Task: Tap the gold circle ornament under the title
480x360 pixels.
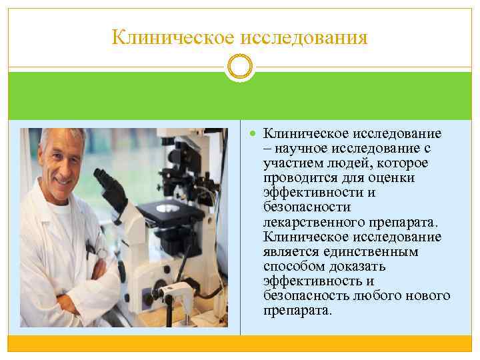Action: pos(240,68)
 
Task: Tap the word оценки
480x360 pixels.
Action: pos(395,178)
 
